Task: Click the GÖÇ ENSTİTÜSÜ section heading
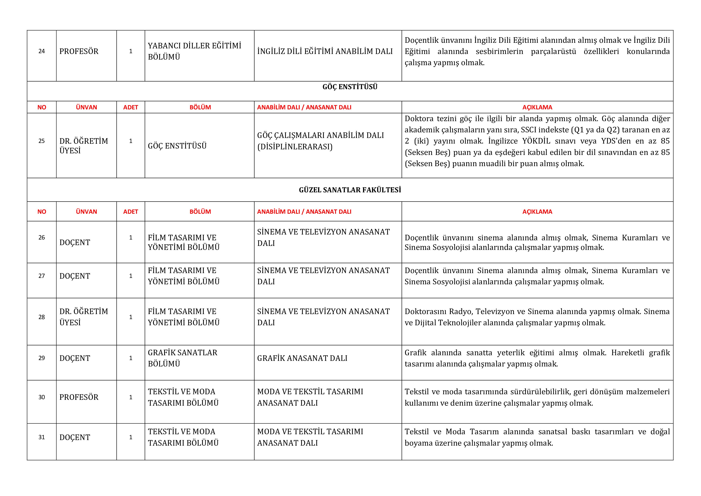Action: point(350,87)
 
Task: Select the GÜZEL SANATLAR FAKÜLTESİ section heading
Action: point(350,190)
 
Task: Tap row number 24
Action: point(42,51)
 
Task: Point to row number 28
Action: point(42,317)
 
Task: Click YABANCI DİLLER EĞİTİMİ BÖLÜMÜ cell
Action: point(194,51)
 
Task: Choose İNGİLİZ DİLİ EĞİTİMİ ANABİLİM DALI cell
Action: point(325,51)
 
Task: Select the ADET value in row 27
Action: point(131,276)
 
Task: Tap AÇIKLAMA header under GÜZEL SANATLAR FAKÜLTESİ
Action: point(537,212)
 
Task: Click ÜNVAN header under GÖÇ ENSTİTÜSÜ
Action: point(86,107)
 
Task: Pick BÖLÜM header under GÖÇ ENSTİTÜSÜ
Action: point(200,107)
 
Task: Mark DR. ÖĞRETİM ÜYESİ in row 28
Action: point(84,317)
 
